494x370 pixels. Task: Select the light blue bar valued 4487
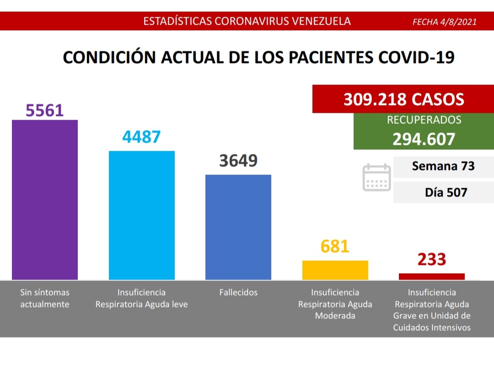(141, 215)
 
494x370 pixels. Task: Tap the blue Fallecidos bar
(238, 227)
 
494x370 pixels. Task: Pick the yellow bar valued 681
(335, 270)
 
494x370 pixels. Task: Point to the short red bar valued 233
(432, 276)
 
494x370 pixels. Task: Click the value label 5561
(45, 110)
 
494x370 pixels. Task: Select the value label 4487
(141, 137)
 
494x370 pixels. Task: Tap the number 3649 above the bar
(238, 161)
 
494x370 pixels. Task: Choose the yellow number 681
(335, 247)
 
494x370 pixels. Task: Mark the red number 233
(432, 259)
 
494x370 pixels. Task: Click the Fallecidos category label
(238, 292)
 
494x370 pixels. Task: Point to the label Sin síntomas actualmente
(45, 298)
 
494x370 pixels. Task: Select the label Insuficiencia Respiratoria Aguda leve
(141, 298)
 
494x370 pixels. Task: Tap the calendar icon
(376, 177)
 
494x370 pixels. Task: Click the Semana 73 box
(443, 166)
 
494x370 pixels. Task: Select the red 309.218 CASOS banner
(403, 99)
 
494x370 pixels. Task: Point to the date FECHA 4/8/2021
(444, 21)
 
